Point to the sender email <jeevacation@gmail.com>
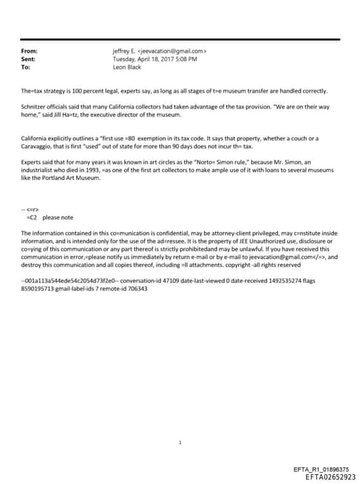pyautogui.click(x=173, y=51)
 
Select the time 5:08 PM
pyautogui.click(x=186, y=60)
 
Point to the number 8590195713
pyautogui.click(x=41, y=288)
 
